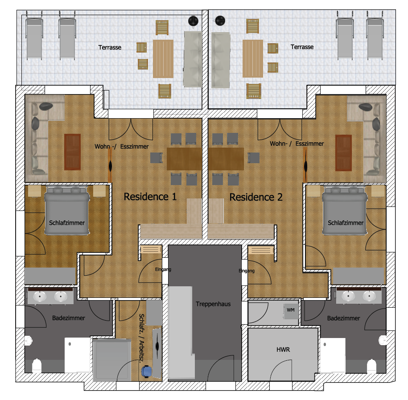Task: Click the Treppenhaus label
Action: click(213, 304)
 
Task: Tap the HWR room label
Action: click(283, 350)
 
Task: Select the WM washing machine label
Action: click(291, 310)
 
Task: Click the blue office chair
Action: click(147, 371)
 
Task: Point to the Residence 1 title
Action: click(150, 197)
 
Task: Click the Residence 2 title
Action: click(256, 197)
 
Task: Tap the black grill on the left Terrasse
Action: click(194, 21)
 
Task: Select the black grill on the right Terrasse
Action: click(220, 21)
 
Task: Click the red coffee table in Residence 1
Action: click(72, 152)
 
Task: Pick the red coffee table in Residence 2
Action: click(343, 153)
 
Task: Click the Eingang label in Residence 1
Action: click(163, 269)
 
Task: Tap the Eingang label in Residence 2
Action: click(247, 271)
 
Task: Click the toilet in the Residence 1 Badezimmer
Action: click(37, 365)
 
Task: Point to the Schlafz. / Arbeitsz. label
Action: click(141, 338)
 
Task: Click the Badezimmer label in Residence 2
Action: click(343, 318)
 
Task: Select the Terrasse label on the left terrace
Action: click(110, 47)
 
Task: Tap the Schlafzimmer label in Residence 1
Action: click(67, 223)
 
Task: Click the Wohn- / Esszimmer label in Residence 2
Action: click(297, 144)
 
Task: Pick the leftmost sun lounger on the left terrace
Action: click(34, 35)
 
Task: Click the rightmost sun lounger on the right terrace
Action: click(375, 35)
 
